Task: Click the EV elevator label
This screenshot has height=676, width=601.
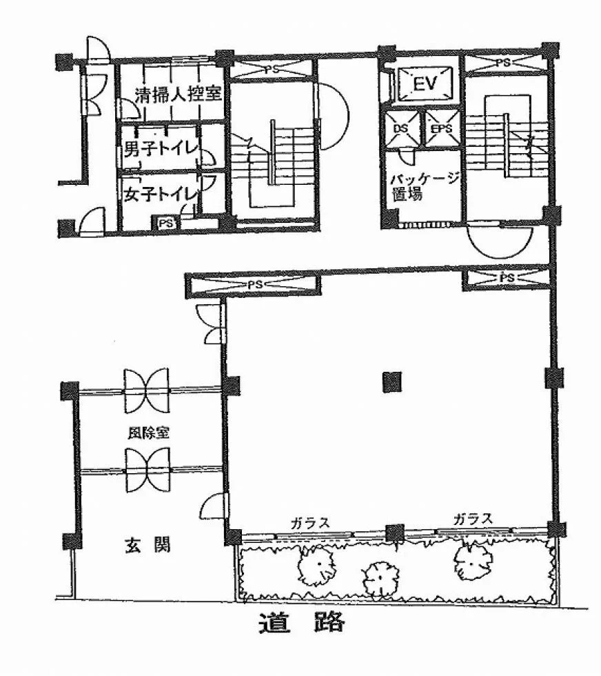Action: coord(425,83)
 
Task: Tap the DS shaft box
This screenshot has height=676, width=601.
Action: coord(402,128)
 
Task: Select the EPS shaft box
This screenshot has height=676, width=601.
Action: coord(442,128)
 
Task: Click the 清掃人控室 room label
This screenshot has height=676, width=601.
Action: coord(178,94)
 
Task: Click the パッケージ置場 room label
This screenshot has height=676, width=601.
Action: coord(424,186)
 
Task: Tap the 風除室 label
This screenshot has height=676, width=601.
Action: coord(147,433)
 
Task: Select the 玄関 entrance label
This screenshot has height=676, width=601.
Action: coord(147,544)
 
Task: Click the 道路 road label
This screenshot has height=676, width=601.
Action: coord(302,622)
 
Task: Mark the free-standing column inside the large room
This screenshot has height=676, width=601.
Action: coord(392,382)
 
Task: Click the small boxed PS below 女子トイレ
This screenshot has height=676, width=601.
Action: coord(167,223)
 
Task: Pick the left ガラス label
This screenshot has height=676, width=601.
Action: coord(309,523)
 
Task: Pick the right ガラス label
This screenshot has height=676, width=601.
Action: coord(473,519)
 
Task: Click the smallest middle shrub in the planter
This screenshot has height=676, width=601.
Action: coord(381,578)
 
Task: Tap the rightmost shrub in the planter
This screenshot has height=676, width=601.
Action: coord(473,561)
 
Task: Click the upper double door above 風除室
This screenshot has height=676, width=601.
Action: coord(147,390)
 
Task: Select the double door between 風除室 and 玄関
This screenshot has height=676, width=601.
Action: coord(147,470)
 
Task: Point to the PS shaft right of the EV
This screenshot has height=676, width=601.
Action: coord(506,63)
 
